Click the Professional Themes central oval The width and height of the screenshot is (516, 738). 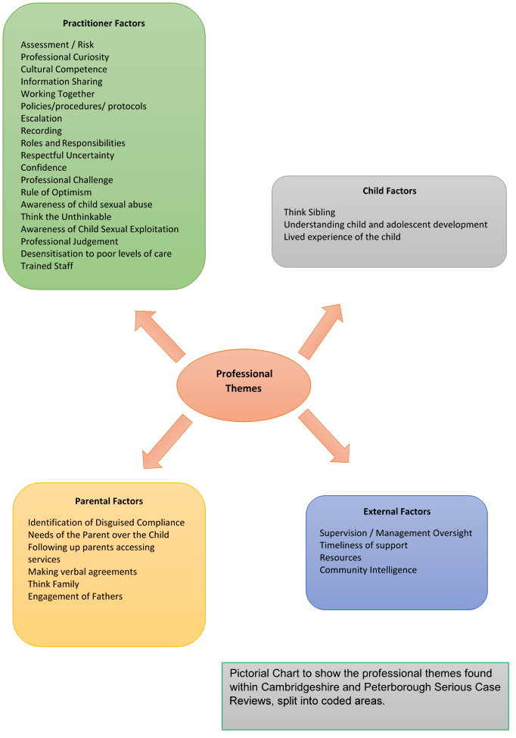click(x=244, y=381)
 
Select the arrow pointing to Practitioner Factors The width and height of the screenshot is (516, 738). click(x=160, y=335)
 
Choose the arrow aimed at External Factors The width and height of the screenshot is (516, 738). click(x=324, y=436)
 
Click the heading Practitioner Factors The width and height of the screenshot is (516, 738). click(x=104, y=23)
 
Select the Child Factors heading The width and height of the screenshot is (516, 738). click(x=389, y=191)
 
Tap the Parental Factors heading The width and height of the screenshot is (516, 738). click(x=109, y=501)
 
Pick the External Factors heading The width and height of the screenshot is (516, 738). click(x=396, y=512)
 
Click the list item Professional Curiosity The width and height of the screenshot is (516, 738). click(x=65, y=57)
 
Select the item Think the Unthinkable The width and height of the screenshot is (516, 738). click(x=66, y=217)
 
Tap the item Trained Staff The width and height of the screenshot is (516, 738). click(x=47, y=266)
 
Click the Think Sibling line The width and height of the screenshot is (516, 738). click(x=309, y=212)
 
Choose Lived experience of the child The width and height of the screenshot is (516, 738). click(x=342, y=237)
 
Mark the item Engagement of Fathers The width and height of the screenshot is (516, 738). click(x=75, y=597)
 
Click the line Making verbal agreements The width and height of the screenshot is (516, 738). click(x=82, y=572)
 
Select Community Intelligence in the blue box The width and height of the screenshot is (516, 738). click(x=368, y=570)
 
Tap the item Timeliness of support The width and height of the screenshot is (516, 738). click(x=363, y=545)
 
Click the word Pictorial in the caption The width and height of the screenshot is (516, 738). click(x=250, y=673)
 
